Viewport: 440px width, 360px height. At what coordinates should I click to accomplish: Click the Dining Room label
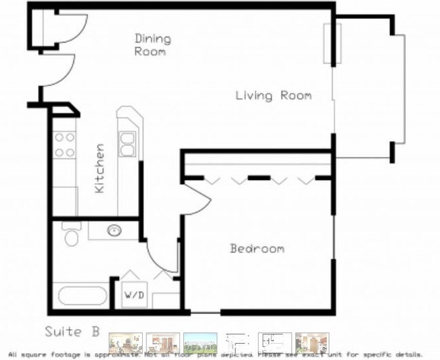152,45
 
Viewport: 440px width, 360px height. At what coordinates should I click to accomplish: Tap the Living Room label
273,95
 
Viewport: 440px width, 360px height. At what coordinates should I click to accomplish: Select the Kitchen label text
100,168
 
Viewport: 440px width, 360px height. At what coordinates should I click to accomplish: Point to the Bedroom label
257,248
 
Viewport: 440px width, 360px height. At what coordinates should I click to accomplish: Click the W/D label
132,295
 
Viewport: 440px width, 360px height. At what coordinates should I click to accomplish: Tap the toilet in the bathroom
70,235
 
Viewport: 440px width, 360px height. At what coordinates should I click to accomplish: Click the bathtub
82,296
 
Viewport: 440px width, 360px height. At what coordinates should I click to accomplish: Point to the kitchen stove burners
65,144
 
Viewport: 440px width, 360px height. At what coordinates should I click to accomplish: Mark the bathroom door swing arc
160,257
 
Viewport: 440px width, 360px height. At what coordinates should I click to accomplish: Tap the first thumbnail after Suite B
126,342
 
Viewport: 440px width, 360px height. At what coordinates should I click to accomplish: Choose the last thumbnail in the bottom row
311,342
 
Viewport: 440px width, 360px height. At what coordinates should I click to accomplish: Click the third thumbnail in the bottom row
200,342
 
